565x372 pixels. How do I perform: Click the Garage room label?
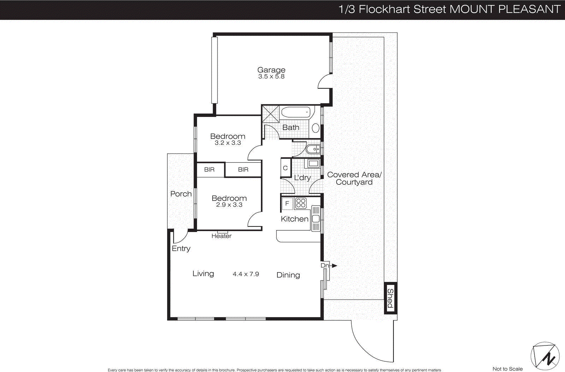[x=271, y=70]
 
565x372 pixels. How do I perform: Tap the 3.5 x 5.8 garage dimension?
[x=271, y=77]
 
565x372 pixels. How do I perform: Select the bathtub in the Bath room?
[x=296, y=112]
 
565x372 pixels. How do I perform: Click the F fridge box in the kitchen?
[x=287, y=203]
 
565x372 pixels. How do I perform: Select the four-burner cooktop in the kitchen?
[x=301, y=203]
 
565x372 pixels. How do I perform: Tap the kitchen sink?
[x=316, y=218]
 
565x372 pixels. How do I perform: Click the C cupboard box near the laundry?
[x=285, y=168]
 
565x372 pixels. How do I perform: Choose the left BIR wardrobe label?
[x=209, y=170]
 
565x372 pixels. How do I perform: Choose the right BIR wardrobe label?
[x=243, y=170]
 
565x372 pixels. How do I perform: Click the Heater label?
[x=221, y=236]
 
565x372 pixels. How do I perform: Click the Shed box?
[x=390, y=298]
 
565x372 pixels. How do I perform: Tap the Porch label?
[x=181, y=194]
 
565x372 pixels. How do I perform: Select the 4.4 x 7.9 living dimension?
[x=246, y=274]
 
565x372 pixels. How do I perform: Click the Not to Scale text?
[x=507, y=369]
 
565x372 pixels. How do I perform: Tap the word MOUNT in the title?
[x=472, y=9]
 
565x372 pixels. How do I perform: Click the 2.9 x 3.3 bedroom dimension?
[x=229, y=205]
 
